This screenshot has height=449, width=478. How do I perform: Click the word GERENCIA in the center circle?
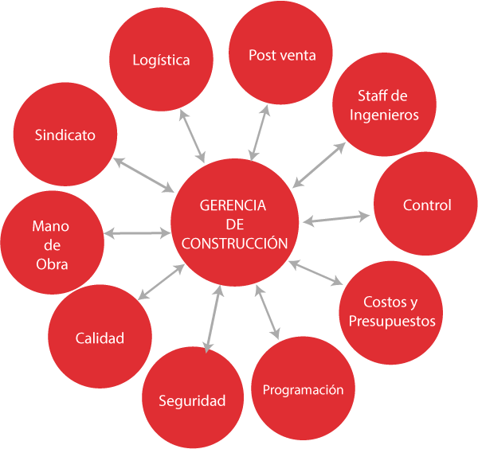coord(233,205)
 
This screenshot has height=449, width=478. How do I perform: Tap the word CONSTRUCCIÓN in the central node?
coord(234,244)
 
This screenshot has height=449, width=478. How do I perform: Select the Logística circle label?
coord(161,61)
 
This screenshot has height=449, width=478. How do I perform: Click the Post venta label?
coord(282,55)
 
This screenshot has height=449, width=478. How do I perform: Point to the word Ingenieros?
coord(384,115)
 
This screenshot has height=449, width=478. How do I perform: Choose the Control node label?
coord(427,205)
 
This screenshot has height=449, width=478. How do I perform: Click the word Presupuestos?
coord(392,322)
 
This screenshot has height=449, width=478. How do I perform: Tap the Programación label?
coord(303,390)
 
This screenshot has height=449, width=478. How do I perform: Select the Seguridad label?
coord(192,400)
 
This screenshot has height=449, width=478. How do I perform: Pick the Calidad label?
coord(100,338)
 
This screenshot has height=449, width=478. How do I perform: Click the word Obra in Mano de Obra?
coord(52,264)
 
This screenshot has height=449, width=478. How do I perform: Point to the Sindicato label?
coord(65,135)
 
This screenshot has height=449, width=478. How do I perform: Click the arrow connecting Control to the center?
coord(336,217)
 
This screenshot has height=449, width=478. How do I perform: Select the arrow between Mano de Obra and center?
coord(137,232)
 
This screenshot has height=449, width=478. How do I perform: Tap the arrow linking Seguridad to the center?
coord(213,318)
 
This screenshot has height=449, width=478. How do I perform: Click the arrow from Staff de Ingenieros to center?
coord(319,165)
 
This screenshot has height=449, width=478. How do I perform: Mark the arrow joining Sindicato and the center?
coord(143,174)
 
